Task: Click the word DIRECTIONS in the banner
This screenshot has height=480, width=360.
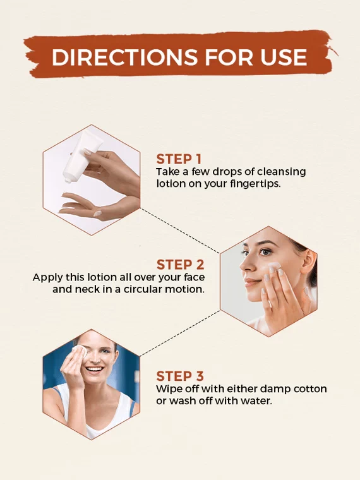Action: click(124, 57)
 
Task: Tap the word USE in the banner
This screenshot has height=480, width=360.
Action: click(284, 57)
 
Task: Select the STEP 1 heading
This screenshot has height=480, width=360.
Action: click(179, 160)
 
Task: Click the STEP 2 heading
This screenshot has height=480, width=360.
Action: click(180, 265)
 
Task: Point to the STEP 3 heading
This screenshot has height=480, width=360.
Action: click(180, 376)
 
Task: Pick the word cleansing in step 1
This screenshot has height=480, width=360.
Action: click(281, 172)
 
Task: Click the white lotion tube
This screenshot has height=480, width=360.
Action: click(81, 157)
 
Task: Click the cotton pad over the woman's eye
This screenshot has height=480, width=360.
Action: click(80, 352)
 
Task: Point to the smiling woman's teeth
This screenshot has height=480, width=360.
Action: click(94, 369)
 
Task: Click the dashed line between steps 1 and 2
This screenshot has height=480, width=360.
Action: click(180, 231)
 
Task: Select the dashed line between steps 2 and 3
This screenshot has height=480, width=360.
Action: click(180, 333)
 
